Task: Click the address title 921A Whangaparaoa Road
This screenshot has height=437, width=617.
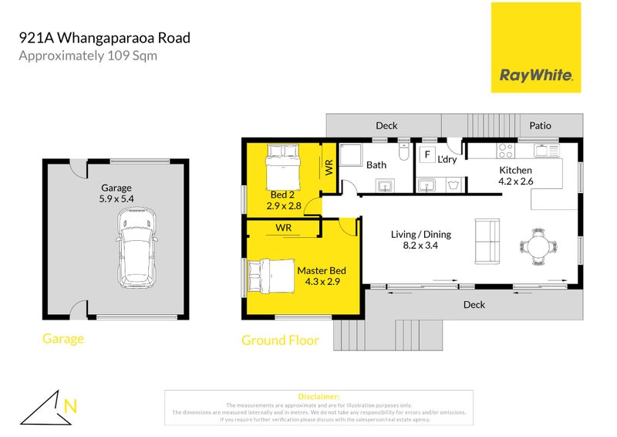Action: pyautogui.click(x=104, y=37)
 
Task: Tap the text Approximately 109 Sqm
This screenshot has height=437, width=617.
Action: pyautogui.click(x=88, y=56)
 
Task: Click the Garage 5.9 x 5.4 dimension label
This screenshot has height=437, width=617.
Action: pyautogui.click(x=116, y=193)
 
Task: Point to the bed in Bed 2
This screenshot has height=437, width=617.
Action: pyautogui.click(x=282, y=163)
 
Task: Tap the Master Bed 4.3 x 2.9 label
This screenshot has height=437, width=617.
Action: pyautogui.click(x=322, y=276)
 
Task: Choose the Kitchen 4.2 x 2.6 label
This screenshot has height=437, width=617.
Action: pyautogui.click(x=516, y=175)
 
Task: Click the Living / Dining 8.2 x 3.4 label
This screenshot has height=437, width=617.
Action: pyautogui.click(x=420, y=240)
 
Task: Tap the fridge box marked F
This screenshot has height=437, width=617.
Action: pyautogui.click(x=426, y=154)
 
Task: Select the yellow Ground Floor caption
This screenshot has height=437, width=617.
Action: pyautogui.click(x=280, y=340)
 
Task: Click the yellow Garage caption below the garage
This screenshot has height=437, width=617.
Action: pyautogui.click(x=63, y=338)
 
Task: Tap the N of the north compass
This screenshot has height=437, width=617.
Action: pyautogui.click(x=71, y=405)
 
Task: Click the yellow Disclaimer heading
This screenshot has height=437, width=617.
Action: pyautogui.click(x=317, y=396)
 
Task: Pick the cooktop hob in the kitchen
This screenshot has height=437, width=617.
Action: pyautogui.click(x=506, y=148)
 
